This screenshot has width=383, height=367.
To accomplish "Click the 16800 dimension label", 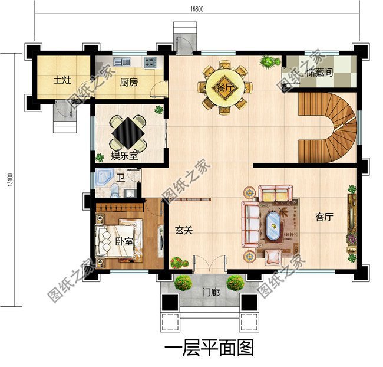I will tap(197, 9).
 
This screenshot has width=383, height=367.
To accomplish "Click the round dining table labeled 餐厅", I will tap(224, 87).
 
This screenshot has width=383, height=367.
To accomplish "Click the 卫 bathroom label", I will tap(120, 177).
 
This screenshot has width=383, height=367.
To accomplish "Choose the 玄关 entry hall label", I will tap(184, 231).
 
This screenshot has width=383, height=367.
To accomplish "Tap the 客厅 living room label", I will tap(324, 217).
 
